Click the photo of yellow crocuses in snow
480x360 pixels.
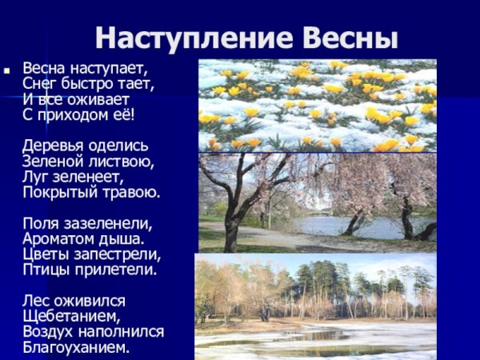tap(317, 105)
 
